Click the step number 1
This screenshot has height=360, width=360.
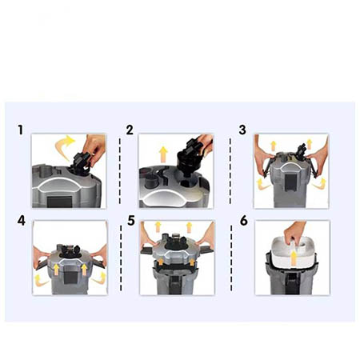pyautogui.click(x=20, y=130)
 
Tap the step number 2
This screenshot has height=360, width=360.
pyautogui.click(x=130, y=130)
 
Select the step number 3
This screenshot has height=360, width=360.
pyautogui.click(x=242, y=130)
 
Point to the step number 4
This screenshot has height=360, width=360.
pyautogui.click(x=22, y=221)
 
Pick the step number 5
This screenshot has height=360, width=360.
pyautogui.click(x=131, y=221)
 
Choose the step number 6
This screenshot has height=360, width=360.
pyautogui.click(x=244, y=221)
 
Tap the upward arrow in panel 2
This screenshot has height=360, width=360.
pyautogui.click(x=163, y=154)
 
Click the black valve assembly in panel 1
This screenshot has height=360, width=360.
pyautogui.click(x=79, y=164)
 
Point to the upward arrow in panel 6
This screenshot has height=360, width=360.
pyautogui.click(x=294, y=258)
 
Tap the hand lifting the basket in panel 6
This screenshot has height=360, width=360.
pyautogui.click(x=294, y=233)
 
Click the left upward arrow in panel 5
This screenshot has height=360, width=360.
pyautogui.click(x=158, y=226)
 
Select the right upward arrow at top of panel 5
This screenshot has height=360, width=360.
pyautogui.click(x=189, y=227)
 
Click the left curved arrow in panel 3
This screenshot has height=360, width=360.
pyautogui.click(x=262, y=184)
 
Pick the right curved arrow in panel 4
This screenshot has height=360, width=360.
pyautogui.click(x=99, y=278)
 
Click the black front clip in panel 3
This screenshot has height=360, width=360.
pyautogui.click(x=289, y=182)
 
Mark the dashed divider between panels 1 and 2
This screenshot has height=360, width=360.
pyautogui.click(x=120, y=171)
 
